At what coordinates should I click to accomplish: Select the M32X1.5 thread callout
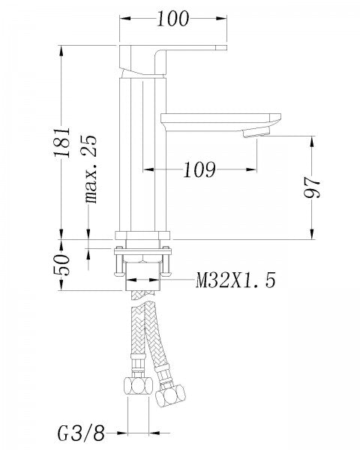(x=235, y=281)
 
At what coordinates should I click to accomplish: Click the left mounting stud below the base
(x=116, y=262)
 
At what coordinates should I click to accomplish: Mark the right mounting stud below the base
(x=168, y=262)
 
